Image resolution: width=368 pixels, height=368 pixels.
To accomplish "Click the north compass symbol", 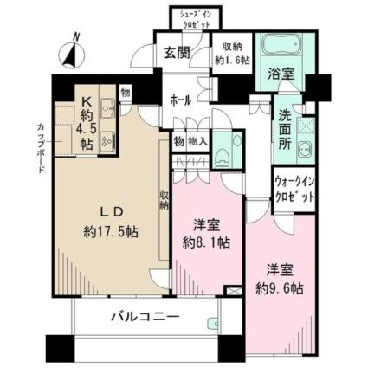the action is tap(71, 54).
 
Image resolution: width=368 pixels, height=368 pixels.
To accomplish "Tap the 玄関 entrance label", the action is tap(177, 53).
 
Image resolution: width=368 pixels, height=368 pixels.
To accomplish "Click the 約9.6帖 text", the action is tap(280, 288).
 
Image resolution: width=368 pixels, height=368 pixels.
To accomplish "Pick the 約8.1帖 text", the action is tap(206, 243).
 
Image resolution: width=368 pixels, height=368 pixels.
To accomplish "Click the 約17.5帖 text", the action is tap(111, 231).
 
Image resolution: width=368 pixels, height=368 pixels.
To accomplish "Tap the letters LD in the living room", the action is tap(112, 212).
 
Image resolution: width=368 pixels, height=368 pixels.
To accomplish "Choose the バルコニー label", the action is tap(145, 317).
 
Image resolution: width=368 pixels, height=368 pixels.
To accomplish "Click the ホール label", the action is tap(181, 100).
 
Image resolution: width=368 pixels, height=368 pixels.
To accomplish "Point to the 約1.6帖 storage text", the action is tap(232, 61).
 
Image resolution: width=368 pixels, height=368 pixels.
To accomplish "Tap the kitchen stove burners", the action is tap(107, 140).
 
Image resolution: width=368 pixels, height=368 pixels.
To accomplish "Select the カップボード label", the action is tap(41, 148).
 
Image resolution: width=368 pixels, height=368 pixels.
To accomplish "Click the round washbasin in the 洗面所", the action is tap(304, 149).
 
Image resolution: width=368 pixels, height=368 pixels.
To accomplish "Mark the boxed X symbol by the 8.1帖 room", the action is tap(233, 290).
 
